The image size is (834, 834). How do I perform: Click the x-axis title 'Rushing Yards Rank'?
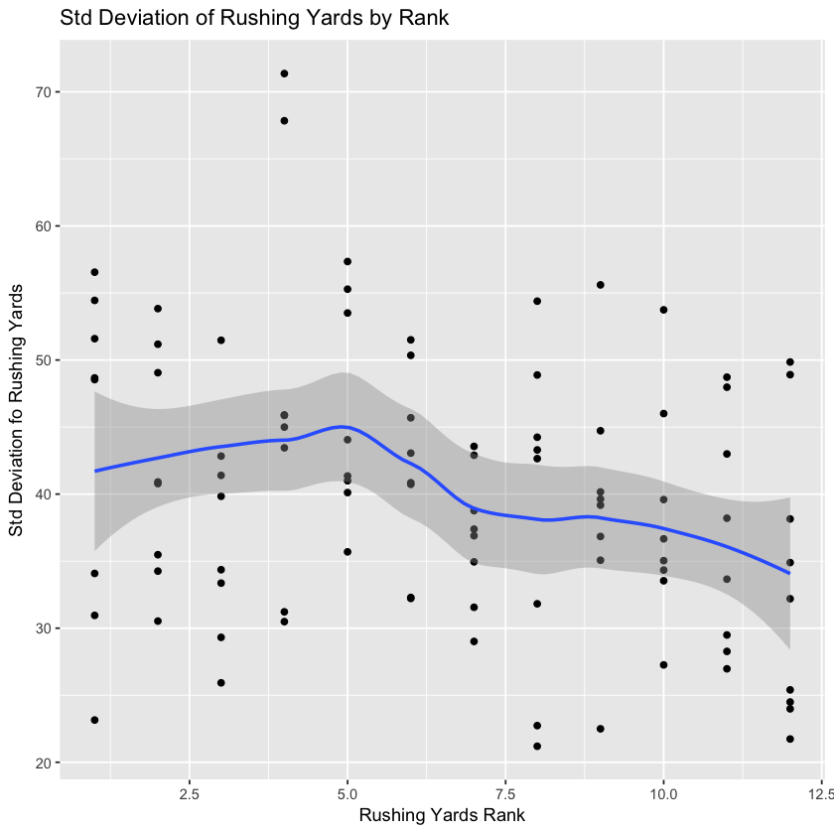click(442, 815)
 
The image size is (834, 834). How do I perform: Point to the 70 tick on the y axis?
click(45, 92)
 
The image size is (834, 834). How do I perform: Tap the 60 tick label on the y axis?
click(45, 226)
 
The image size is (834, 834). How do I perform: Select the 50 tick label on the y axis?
click(45, 360)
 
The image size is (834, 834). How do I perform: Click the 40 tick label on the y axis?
click(45, 494)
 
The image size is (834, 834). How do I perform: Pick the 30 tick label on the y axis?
click(45, 628)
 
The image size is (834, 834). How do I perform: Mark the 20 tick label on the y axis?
click(45, 763)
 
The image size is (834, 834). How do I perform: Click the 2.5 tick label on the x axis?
click(190, 793)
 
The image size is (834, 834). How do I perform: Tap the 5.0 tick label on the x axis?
click(347, 793)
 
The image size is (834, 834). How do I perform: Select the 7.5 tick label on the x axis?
click(505, 793)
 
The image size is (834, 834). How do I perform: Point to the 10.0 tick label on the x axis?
click(663, 793)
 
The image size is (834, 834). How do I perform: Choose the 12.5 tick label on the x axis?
click(821, 793)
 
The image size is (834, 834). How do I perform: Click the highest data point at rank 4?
click(284, 73)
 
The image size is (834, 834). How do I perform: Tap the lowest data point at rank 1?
click(94, 720)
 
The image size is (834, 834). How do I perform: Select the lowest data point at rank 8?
click(537, 747)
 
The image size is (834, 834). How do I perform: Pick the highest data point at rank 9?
click(601, 285)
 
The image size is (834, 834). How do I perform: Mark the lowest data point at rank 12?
click(790, 739)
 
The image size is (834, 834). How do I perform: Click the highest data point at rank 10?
click(663, 310)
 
